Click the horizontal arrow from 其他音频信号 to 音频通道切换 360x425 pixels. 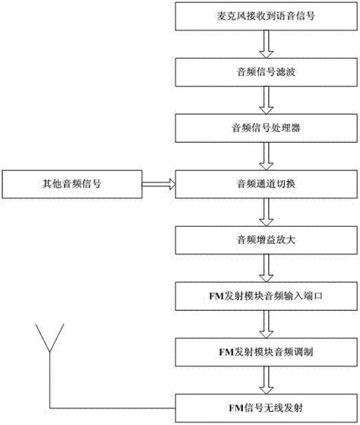(x=156, y=182)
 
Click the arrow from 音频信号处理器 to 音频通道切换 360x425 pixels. (x=265, y=155)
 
